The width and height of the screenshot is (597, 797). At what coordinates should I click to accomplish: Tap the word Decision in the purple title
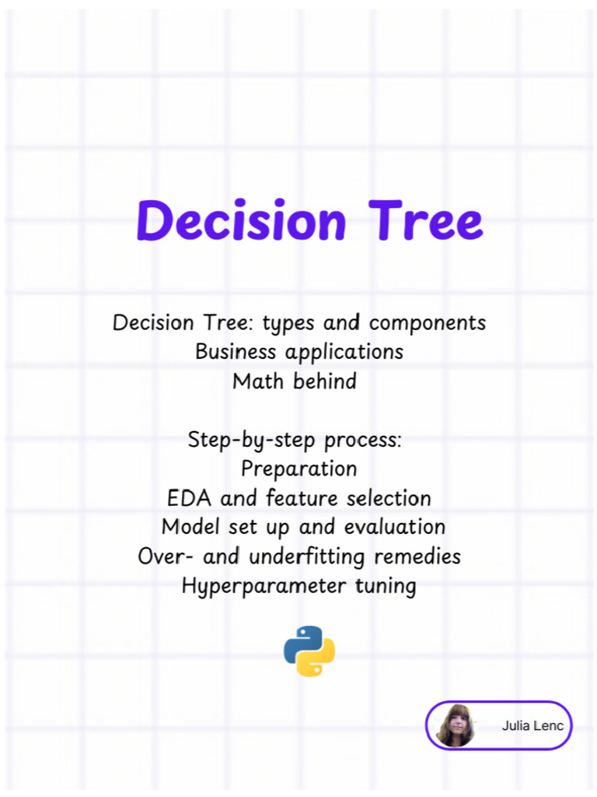pyautogui.click(x=241, y=220)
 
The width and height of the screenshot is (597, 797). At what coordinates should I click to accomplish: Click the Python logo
pyautogui.click(x=309, y=651)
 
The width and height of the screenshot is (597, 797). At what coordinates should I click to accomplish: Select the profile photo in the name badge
pyautogui.click(x=456, y=725)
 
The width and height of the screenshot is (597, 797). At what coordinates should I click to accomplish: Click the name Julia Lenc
pyautogui.click(x=534, y=726)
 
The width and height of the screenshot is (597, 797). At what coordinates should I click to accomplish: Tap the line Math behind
pyautogui.click(x=295, y=381)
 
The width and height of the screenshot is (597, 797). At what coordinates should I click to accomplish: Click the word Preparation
pyautogui.click(x=298, y=469)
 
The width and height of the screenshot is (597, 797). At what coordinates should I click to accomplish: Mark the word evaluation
pyautogui.click(x=394, y=527)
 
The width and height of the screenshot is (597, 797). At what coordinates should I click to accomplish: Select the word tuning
pyautogui.click(x=386, y=586)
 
